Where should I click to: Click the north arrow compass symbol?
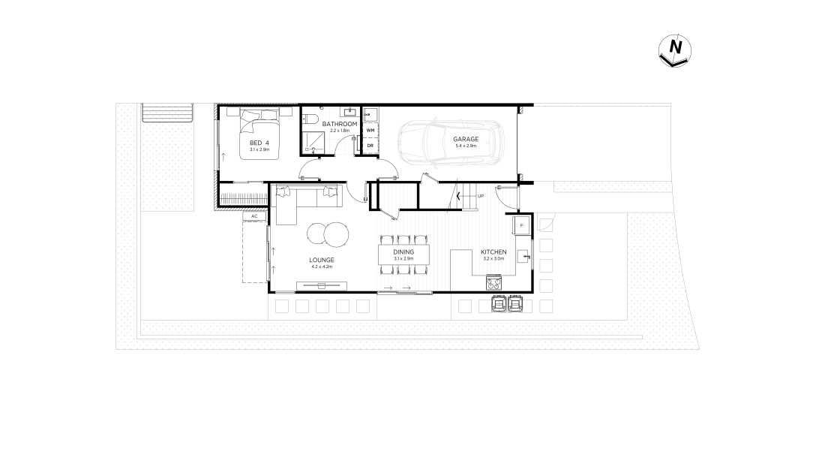(675, 50)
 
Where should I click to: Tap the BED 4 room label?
(259, 143)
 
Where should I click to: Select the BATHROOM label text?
(340, 124)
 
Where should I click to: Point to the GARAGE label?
(466, 139)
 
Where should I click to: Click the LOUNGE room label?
(322, 260)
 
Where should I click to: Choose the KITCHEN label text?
(493, 252)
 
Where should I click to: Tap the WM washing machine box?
(370, 130)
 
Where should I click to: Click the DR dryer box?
(370, 146)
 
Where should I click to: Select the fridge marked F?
(521, 225)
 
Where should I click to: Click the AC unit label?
(254, 216)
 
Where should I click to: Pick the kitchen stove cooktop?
(493, 283)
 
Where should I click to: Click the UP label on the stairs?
(481, 196)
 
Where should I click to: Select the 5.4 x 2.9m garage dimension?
(466, 146)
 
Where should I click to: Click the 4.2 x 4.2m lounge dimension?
(322, 267)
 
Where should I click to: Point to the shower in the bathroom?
(313, 142)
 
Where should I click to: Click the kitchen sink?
(524, 256)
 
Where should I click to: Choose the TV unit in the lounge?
(322, 285)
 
